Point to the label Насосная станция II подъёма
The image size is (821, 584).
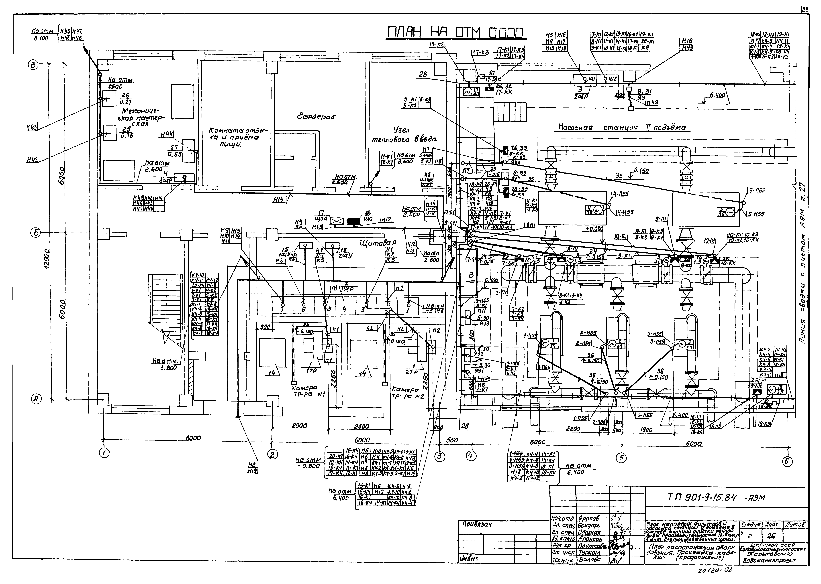click(x=622, y=128)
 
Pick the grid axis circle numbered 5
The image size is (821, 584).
click(x=621, y=458)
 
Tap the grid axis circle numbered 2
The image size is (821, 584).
click(x=272, y=454)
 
